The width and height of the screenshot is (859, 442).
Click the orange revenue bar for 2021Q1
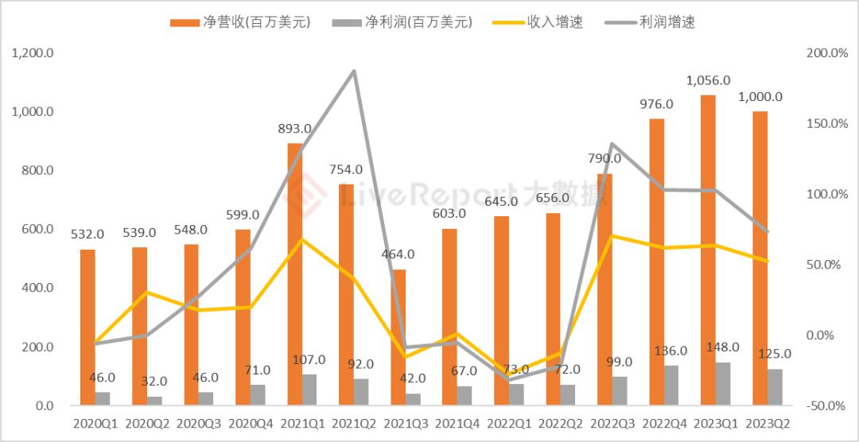tap(294, 274)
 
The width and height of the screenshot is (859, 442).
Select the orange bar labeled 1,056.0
tap(708, 250)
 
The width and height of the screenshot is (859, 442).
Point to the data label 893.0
tap(295, 128)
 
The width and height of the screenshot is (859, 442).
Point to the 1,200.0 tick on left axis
tap(33, 53)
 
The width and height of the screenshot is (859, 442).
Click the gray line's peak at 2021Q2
tap(354, 72)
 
